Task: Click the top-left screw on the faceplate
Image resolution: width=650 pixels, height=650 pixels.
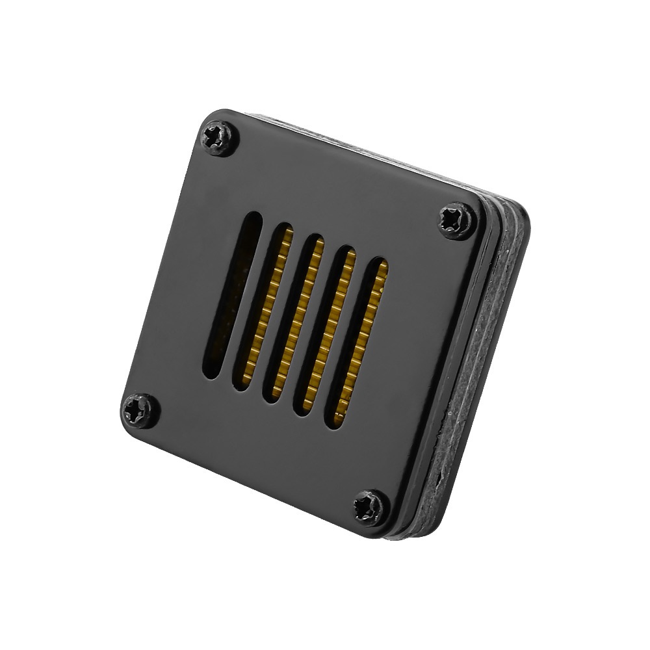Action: (218, 138)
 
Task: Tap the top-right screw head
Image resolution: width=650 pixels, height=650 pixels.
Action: (457, 221)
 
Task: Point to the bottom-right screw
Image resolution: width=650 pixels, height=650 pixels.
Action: (371, 507)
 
